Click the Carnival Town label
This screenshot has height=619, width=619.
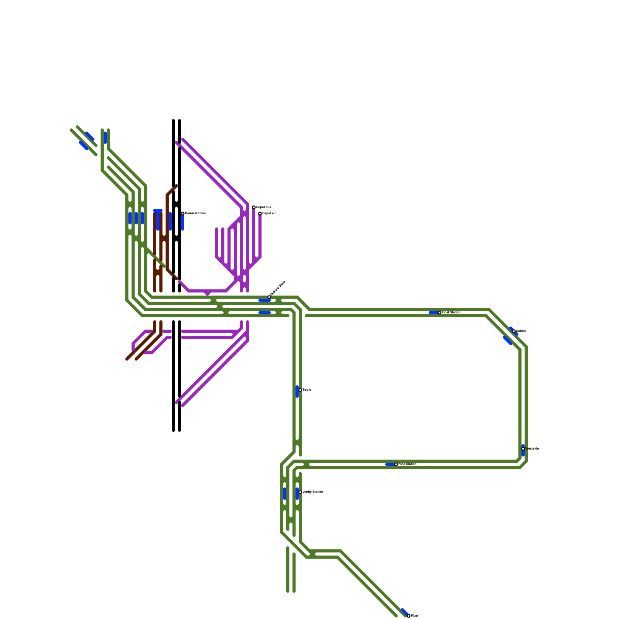coord(195,214)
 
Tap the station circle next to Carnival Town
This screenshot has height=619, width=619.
coord(183,214)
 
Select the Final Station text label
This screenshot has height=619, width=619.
coord(451,312)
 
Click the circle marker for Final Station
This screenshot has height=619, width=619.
coord(439,313)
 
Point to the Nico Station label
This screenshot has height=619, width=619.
coord(408,464)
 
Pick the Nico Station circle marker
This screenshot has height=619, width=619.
coord(396,464)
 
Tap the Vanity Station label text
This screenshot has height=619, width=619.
coord(313,492)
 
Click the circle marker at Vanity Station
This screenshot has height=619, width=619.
coord(300,492)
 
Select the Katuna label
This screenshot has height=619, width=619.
coord(521,331)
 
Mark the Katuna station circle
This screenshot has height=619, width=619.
coord(514,331)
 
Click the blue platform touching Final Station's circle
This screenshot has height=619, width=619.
coord(433,313)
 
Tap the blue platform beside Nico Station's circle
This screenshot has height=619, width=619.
coord(390,464)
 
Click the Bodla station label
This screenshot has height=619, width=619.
coord(307,390)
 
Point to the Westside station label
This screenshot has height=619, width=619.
coord(532,448)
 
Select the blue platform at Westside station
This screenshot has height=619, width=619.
coord(523,451)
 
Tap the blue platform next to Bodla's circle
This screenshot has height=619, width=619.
coord(297,392)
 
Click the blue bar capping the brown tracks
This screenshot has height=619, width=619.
coord(158,211)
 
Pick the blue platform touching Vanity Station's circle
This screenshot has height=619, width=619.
coord(297,494)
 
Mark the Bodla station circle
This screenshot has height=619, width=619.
coord(300,390)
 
